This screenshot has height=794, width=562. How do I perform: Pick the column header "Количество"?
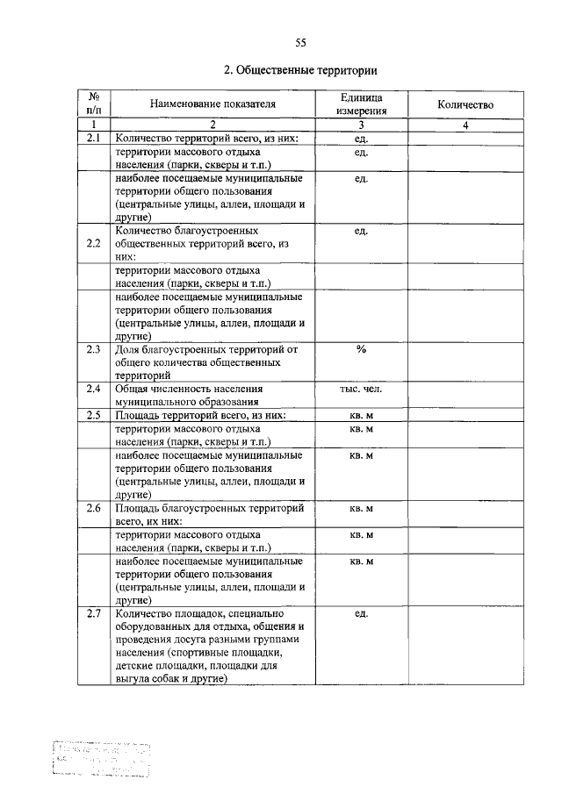point(465,104)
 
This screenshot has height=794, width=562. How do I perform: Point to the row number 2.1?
point(94,139)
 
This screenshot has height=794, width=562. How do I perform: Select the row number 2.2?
point(94,243)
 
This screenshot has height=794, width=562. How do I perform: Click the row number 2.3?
point(94,349)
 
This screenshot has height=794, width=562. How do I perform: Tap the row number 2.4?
point(94,388)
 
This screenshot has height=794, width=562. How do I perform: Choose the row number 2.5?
point(94,415)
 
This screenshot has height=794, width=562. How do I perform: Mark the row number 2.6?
point(94,508)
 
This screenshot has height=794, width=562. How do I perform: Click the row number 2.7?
point(94,613)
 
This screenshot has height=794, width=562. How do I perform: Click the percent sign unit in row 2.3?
point(360,349)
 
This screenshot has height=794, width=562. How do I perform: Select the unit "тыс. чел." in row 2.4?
point(360,388)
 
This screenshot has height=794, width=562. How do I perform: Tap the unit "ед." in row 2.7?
point(360,613)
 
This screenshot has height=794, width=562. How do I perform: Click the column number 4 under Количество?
point(465,125)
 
